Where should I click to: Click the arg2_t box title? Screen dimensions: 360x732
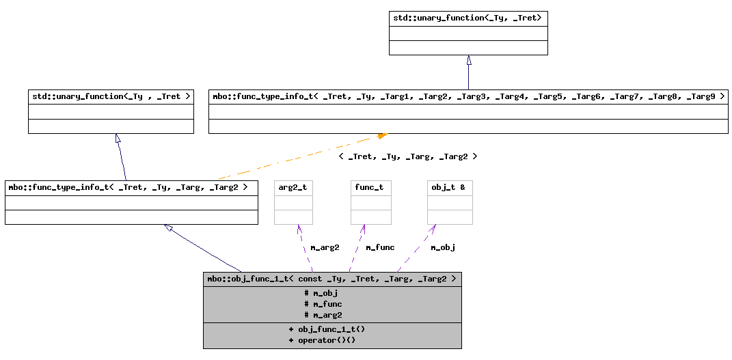click(293, 188)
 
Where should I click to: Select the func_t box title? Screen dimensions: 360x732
click(370, 188)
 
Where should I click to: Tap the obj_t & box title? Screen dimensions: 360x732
click(448, 188)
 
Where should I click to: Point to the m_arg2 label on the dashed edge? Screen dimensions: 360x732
click(325, 248)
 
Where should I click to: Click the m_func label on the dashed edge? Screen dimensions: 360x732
click(380, 248)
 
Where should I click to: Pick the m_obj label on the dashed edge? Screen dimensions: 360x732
click(443, 248)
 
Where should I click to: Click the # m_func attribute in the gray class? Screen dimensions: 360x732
click(323, 304)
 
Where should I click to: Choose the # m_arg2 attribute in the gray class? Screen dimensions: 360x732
click(323, 315)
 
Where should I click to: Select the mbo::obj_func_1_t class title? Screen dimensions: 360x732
click(331, 279)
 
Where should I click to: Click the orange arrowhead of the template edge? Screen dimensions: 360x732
click(382, 136)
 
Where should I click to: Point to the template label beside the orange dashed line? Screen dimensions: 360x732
click(407, 156)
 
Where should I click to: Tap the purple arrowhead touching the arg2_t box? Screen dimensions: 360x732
click(299, 229)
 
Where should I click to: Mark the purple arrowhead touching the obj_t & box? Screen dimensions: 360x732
click(433, 229)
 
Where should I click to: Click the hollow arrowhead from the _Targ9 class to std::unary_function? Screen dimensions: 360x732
click(469, 59)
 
